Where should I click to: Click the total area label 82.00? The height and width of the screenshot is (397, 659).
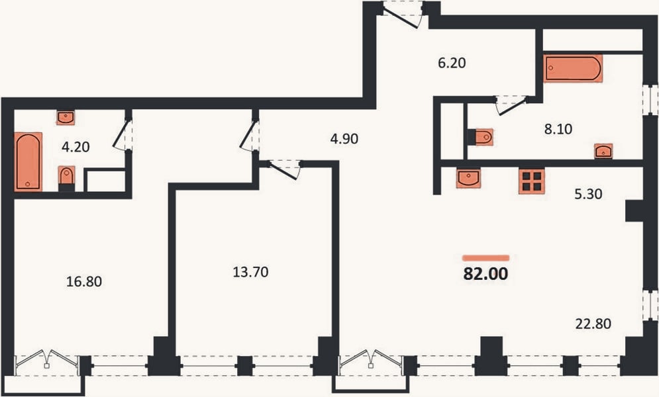coord(485,274)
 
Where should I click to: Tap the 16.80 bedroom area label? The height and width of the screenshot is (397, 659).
coord(84,281)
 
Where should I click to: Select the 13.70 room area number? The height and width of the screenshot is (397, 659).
coord(250,272)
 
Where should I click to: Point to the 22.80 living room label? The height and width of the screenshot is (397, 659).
coord(593,324)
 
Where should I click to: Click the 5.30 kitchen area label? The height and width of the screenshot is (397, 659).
coord(588,194)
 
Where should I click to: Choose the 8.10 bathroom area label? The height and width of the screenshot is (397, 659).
coord(558,129)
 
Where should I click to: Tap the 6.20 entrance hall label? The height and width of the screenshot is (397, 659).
coord(452,63)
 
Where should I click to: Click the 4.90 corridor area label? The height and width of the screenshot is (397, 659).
coord(344,138)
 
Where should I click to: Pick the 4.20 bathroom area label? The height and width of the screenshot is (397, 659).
coord(76,147)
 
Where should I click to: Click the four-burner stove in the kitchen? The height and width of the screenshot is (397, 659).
coord(531,181)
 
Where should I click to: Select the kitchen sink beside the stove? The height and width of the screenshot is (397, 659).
coord(468,178)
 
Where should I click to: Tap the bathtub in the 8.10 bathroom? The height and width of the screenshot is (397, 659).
coord(573,68)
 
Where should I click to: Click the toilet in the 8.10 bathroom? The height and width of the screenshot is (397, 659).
coord(481,137)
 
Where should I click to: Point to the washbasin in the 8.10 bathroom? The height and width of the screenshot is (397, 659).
coord(603,151)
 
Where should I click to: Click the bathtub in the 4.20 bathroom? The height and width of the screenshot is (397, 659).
coord(28,161)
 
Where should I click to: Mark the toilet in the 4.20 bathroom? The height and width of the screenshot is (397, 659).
coord(66,178)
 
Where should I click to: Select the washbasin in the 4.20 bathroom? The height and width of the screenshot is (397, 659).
coord(65,118)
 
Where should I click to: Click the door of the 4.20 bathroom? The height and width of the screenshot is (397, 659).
coord(123,134)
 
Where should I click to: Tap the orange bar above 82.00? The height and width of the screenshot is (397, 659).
coord(486,258)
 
